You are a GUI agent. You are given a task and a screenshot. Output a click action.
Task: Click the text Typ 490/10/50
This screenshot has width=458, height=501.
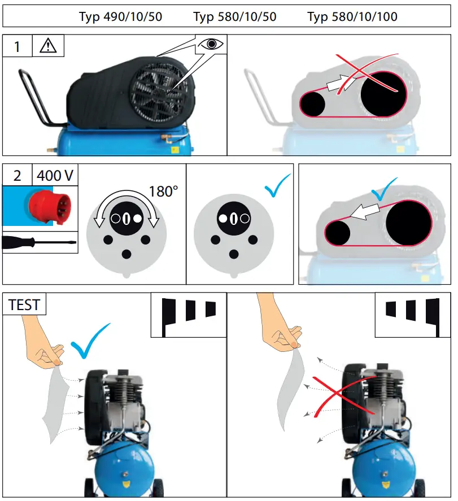(120, 17)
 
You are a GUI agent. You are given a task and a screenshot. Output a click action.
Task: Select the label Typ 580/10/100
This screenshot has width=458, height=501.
(352, 17)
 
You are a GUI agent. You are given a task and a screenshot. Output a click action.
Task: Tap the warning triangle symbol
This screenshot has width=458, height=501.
(48, 46)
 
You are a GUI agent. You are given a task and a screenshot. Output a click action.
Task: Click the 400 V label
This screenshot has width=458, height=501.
(55, 176)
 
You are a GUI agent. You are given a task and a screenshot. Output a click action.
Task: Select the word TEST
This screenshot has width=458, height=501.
(24, 305)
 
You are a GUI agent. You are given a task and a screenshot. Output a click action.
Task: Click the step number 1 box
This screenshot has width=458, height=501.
(17, 46)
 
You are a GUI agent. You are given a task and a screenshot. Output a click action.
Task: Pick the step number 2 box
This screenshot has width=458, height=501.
(17, 176)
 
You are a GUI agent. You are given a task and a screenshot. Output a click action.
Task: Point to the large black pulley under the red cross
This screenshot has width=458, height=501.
(383, 93)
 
